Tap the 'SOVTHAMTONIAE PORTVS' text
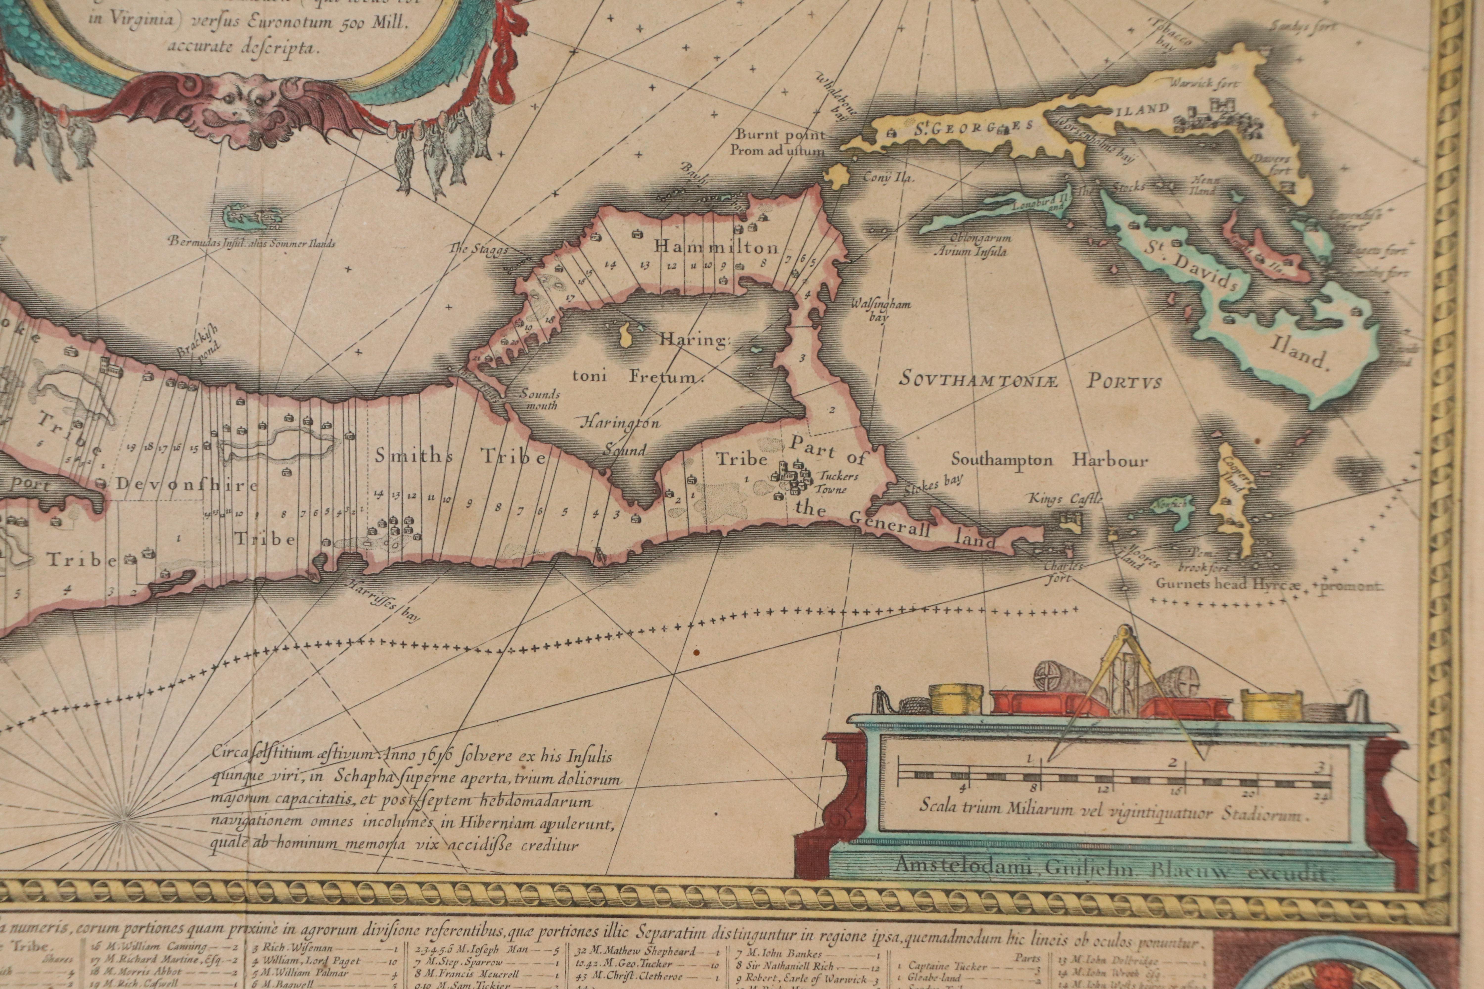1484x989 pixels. pos(1030,381)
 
